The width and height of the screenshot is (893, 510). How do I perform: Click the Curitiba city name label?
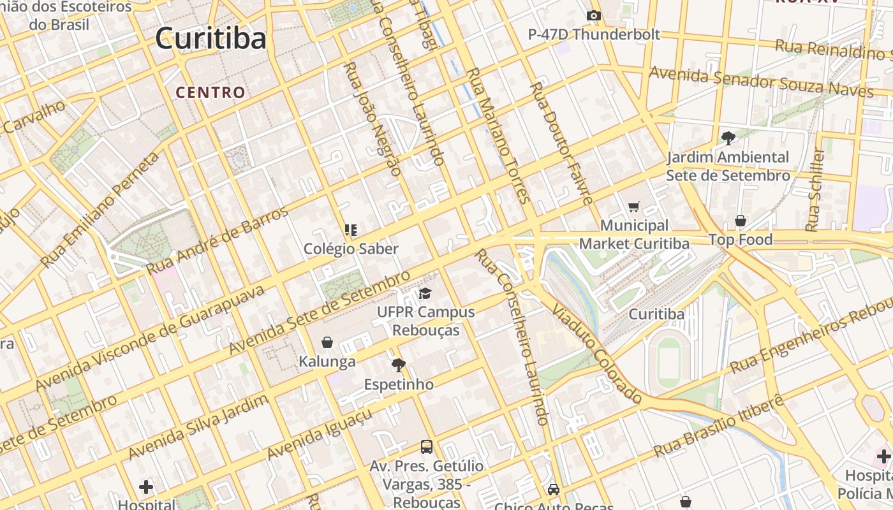[x=210, y=38]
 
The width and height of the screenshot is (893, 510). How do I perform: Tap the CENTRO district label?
[x=210, y=92]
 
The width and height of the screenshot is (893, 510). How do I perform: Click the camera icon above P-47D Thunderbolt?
[x=594, y=15]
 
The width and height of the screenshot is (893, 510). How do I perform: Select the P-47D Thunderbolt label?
[x=594, y=34]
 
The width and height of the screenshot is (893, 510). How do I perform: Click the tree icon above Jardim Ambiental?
[x=728, y=137]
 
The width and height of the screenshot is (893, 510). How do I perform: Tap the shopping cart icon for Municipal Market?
[x=633, y=207]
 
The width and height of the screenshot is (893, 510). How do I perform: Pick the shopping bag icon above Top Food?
[x=741, y=221]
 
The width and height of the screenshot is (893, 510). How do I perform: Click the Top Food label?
[x=741, y=240]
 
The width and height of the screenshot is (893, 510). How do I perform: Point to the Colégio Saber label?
[x=351, y=249]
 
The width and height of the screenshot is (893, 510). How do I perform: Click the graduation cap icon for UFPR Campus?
[x=425, y=293]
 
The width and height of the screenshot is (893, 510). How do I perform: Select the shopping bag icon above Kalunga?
[x=327, y=342]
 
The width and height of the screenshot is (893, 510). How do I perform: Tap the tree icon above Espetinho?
[x=399, y=365]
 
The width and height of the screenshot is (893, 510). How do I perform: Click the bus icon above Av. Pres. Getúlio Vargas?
[x=426, y=447]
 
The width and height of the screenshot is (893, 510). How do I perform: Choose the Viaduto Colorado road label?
[x=597, y=354]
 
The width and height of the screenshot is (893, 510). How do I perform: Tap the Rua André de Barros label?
[x=218, y=240]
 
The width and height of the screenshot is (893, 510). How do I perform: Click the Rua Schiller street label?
[x=815, y=190]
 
